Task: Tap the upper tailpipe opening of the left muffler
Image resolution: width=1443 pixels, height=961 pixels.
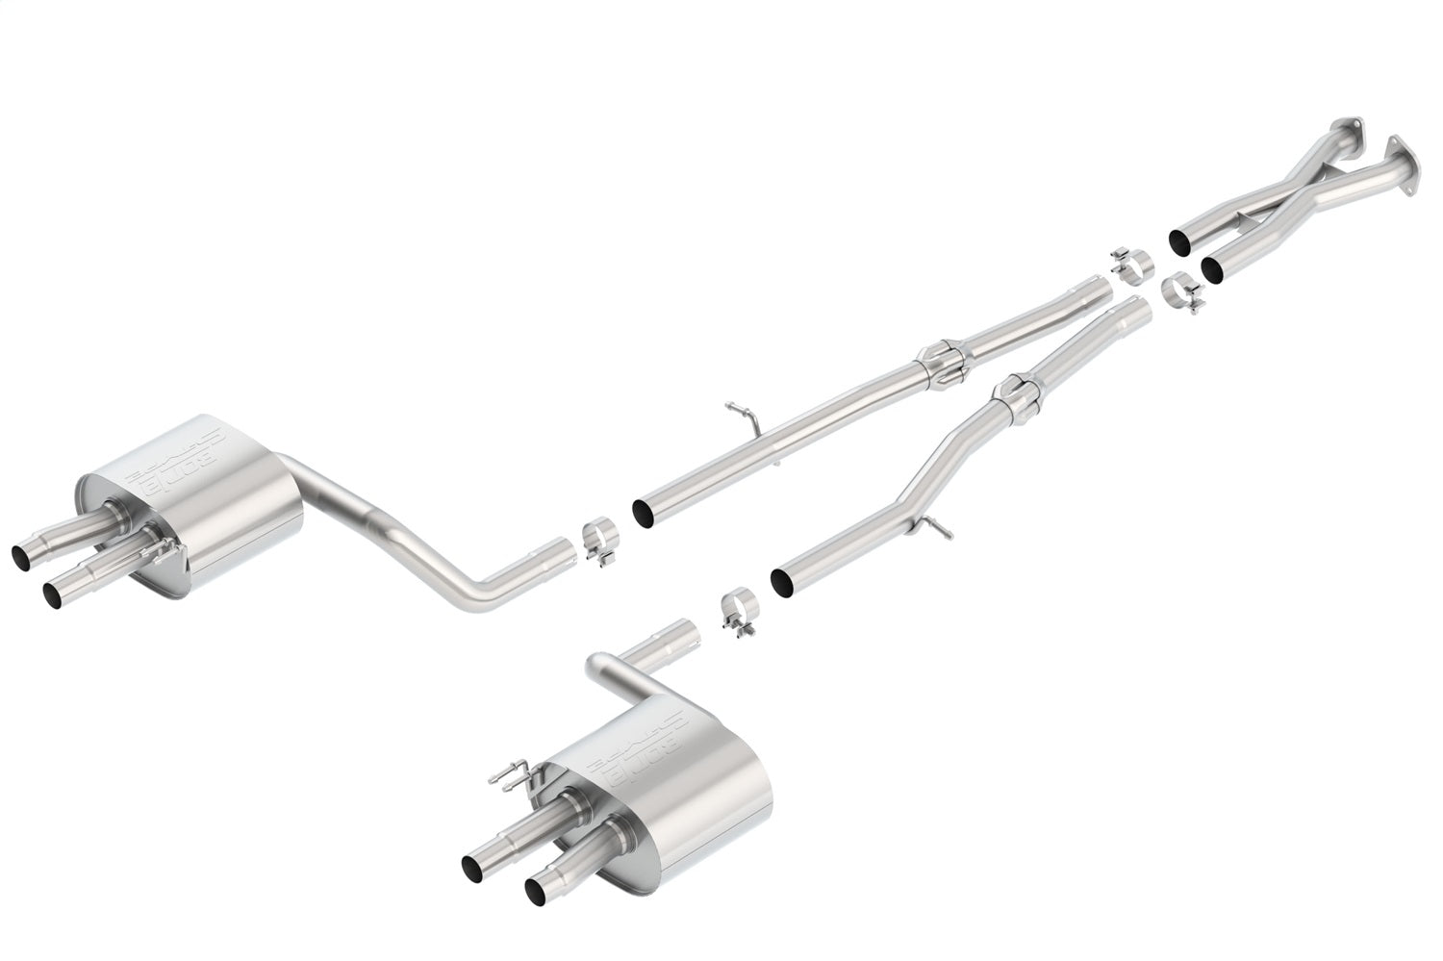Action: [x=20, y=555]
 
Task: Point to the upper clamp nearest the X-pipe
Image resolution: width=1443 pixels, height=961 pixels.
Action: [x=1132, y=264]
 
